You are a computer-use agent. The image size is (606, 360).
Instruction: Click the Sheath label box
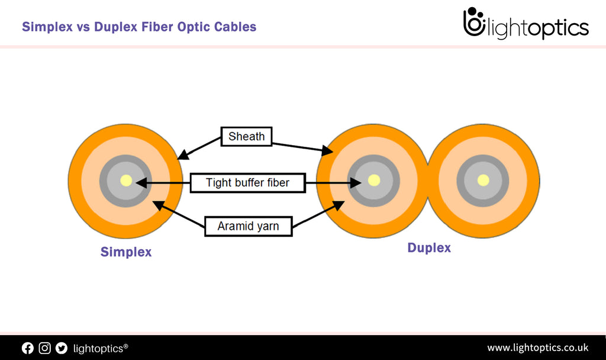pos(246,137)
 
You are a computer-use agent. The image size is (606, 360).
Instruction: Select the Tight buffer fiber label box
pos(247,183)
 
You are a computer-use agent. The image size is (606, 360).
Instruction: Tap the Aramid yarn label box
pos(248,226)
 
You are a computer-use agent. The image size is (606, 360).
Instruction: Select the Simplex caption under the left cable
pos(126,252)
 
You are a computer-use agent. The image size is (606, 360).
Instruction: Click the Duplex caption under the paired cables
pos(429,248)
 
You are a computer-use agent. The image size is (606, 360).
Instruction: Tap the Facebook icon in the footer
pos(28,348)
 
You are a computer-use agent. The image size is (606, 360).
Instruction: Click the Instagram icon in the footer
pos(44,348)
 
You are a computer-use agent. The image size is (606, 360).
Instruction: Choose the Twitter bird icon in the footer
pos(62,348)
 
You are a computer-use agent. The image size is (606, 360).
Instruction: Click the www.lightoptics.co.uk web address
pos(537,348)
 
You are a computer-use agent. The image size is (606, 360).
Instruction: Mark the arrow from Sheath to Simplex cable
pos(199,148)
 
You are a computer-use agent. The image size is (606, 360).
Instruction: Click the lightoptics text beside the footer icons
pos(100,348)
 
